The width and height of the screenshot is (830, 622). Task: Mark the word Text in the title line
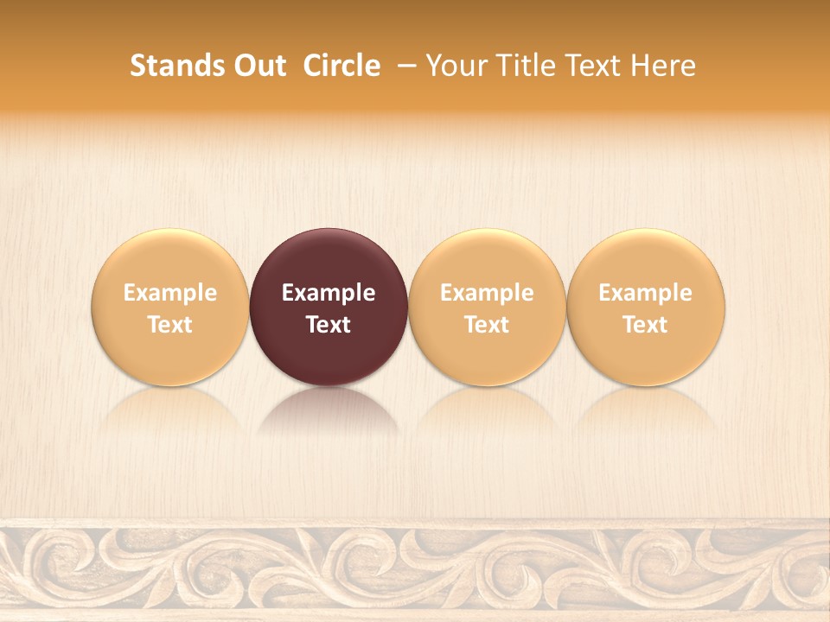coord(589,66)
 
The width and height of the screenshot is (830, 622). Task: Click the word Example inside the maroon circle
coord(329,294)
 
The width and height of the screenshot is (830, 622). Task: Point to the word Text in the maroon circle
coord(329,325)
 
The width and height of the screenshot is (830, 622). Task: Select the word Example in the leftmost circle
coord(170,294)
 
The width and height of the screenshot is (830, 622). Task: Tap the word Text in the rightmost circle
coord(646,325)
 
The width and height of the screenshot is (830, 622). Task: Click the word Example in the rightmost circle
coord(646,294)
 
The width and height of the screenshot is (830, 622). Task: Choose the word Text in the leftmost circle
coord(170,325)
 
